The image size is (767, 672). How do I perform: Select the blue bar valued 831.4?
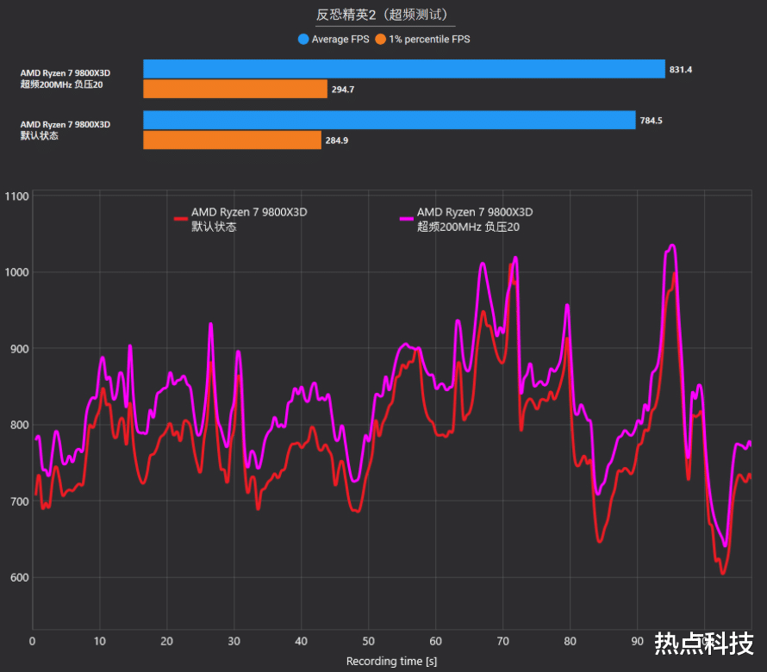click(x=404, y=69)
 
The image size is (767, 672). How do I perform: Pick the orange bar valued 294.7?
click(x=235, y=89)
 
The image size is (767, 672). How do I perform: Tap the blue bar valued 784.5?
click(x=389, y=121)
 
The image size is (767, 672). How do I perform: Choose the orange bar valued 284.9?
click(x=233, y=140)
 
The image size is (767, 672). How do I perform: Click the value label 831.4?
click(x=680, y=69)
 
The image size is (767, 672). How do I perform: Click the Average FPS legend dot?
click(x=303, y=39)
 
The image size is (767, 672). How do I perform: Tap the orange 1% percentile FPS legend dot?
click(x=381, y=39)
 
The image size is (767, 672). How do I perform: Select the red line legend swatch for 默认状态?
click(x=181, y=220)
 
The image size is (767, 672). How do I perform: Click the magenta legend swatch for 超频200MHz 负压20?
click(x=407, y=220)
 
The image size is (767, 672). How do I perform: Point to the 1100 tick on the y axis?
click(x=16, y=196)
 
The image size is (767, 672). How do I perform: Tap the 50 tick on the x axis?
click(x=368, y=641)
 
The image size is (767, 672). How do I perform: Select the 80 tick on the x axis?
click(x=570, y=641)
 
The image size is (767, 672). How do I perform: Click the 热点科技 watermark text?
click(x=704, y=643)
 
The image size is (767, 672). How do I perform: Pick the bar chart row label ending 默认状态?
click(x=65, y=130)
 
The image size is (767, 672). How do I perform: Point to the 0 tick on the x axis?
click(x=33, y=641)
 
